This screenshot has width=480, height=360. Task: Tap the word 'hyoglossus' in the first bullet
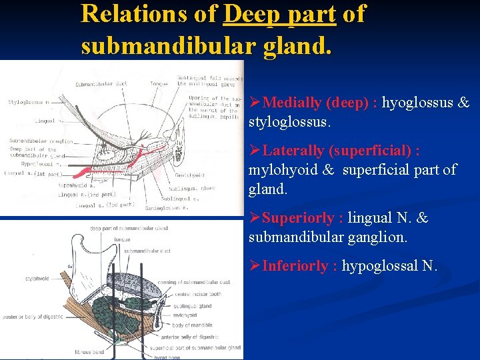(x=418, y=103)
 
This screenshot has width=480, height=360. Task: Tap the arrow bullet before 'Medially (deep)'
(x=255, y=103)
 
